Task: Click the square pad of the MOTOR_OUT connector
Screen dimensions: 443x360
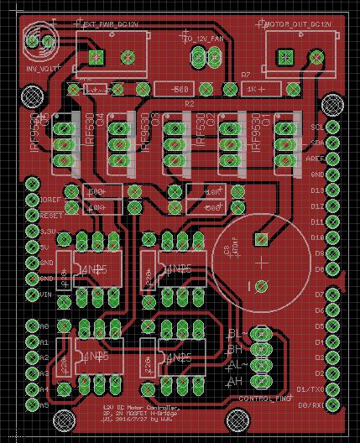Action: point(284,57)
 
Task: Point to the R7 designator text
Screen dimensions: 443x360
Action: point(246,76)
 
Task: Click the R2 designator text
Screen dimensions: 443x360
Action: point(190,102)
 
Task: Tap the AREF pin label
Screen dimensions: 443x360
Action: point(317,159)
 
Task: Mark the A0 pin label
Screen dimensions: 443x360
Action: point(44,325)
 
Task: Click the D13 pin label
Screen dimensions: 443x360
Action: point(317,190)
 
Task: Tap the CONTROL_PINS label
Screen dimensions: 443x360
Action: point(263,398)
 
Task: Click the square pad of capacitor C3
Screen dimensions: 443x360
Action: point(262,240)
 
